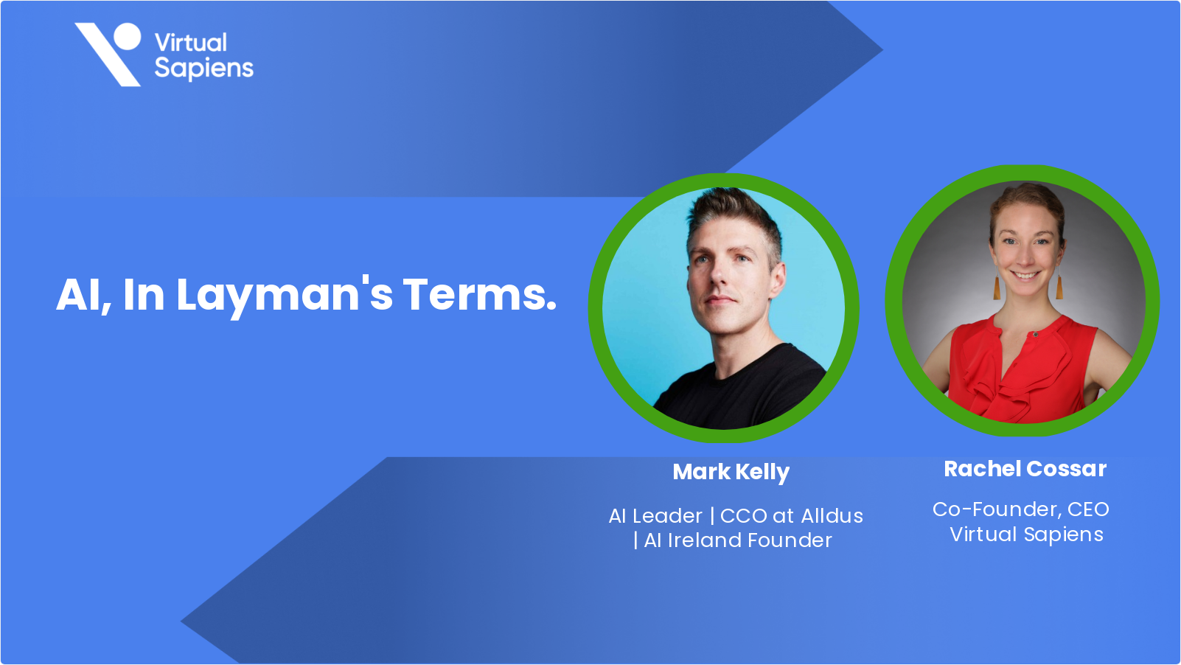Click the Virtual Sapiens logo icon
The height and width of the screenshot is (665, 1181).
tap(108, 54)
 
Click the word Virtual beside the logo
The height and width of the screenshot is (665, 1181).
tap(191, 43)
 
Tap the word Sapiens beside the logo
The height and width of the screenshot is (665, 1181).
tap(204, 69)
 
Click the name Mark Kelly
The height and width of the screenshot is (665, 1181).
tap(731, 472)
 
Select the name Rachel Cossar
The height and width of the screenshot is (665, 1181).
tap(1025, 469)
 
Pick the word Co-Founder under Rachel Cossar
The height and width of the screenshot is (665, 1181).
tap(995, 509)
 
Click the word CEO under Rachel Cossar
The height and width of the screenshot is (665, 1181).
tap(1088, 509)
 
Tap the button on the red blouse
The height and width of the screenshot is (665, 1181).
tap(1036, 335)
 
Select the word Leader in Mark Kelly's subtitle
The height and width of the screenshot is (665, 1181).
tap(667, 516)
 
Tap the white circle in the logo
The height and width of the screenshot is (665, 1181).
tap(127, 36)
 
